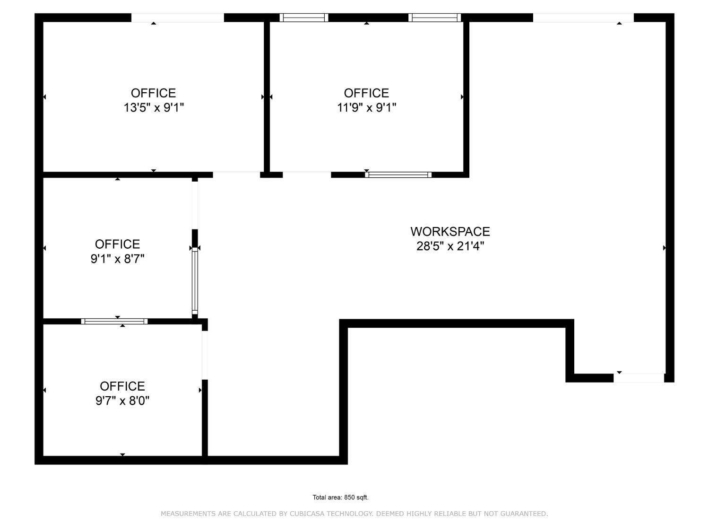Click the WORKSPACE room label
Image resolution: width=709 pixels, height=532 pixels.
(450, 231)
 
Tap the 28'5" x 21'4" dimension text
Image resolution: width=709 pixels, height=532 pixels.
(450, 246)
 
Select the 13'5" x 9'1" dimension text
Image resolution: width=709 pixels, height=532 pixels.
(154, 108)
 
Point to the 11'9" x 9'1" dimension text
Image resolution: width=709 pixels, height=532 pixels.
(366, 108)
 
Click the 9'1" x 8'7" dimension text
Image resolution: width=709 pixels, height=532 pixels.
(117, 259)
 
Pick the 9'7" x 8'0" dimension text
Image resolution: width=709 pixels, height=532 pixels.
(122, 401)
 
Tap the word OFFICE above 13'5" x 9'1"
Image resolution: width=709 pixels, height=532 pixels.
(154, 93)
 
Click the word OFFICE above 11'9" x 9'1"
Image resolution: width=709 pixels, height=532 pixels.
(366, 93)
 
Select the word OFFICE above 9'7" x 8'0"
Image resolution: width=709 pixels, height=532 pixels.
(122, 386)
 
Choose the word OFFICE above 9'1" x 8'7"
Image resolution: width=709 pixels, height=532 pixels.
(117, 244)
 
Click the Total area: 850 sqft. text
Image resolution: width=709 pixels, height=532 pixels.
(340, 497)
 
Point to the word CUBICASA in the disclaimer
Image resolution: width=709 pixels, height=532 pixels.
(307, 514)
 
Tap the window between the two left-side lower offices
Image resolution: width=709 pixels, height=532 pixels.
(114, 322)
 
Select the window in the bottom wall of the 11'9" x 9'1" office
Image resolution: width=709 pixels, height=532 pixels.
(398, 175)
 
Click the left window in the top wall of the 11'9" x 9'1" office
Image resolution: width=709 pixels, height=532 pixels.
(303, 17)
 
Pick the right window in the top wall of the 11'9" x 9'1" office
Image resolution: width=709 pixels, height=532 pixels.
(434, 17)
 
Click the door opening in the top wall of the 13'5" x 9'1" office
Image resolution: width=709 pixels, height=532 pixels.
(177, 17)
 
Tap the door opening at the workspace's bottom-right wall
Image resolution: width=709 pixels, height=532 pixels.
(639, 378)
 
